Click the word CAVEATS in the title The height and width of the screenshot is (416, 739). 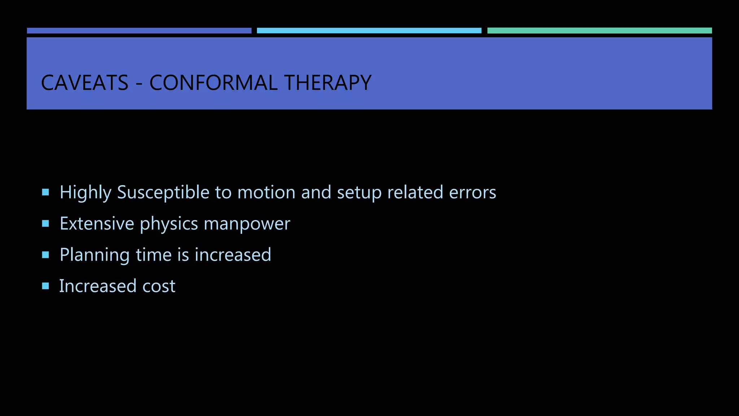85,83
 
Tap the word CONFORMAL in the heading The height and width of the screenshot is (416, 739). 213,83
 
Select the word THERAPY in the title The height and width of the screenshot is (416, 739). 328,83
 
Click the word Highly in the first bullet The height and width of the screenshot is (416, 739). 86,192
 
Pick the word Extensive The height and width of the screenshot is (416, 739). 97,224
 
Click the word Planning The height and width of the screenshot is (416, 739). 95,255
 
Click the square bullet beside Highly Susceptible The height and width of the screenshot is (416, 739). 45,192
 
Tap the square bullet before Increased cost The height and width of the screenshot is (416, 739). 45,286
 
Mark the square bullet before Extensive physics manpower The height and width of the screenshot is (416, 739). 45,224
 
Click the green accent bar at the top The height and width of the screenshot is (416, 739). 599,31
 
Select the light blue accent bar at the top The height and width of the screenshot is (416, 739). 369,31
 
